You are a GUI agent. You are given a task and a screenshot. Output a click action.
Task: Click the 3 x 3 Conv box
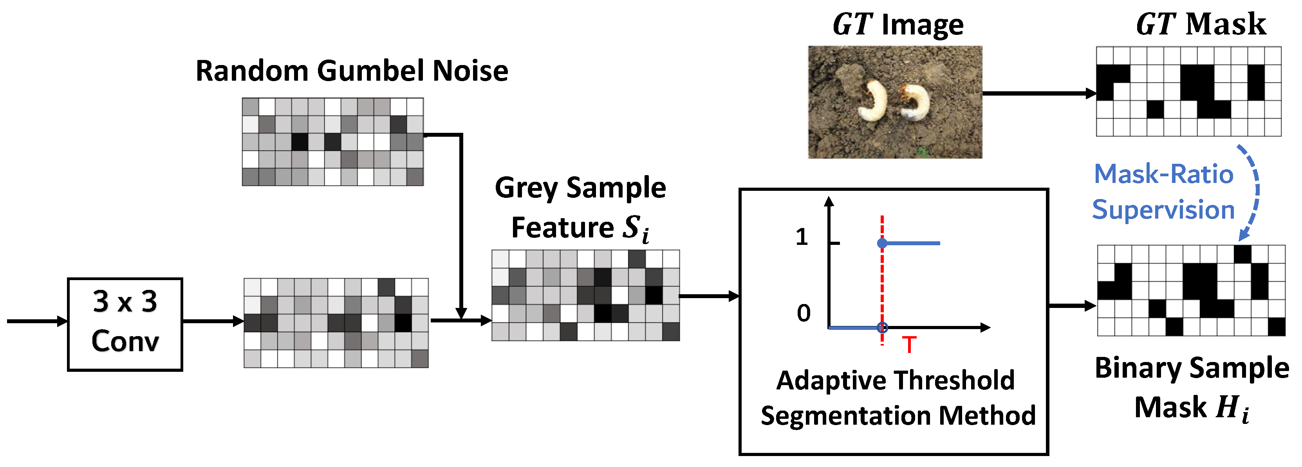point(125,324)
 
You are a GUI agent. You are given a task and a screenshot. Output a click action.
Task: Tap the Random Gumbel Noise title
point(352,71)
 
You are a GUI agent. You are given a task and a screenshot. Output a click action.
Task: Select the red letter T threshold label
point(909,345)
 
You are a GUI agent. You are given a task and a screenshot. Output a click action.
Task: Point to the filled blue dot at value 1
point(882,243)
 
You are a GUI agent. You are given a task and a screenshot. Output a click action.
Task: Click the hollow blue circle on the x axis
point(882,328)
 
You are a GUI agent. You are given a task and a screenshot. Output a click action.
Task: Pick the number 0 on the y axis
point(803,313)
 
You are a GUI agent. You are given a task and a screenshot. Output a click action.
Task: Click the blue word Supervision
point(1163,210)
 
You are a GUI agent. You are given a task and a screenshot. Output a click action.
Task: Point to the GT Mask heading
point(1201,24)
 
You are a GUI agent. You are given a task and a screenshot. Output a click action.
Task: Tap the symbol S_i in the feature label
point(635,228)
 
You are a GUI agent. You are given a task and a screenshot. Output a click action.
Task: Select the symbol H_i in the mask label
point(1232,408)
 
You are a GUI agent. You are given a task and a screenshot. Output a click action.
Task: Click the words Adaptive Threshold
point(895,380)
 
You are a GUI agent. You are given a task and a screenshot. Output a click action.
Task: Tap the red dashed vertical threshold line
point(882,283)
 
